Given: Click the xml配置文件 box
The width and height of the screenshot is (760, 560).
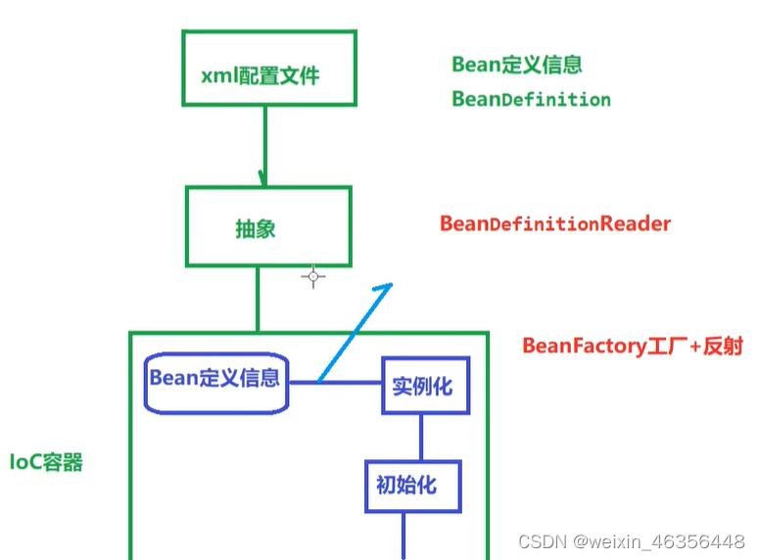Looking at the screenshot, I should (268, 68).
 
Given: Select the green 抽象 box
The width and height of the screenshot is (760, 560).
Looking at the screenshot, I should (267, 227).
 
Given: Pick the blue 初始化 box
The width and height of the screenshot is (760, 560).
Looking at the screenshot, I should (411, 486).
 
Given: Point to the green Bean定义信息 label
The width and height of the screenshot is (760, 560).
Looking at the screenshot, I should (516, 65).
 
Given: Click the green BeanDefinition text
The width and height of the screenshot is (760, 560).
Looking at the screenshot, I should (531, 100).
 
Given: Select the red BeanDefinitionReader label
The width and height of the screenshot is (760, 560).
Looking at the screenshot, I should (555, 224).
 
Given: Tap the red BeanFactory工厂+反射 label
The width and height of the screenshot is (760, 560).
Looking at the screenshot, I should (632, 346).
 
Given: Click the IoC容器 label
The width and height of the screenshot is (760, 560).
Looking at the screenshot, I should (46, 462).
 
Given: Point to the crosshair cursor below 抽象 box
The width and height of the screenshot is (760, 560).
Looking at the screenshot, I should (313, 277).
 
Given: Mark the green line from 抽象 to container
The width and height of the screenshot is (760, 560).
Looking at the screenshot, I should (259, 299).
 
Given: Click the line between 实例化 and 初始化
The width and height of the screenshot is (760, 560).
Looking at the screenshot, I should (421, 437).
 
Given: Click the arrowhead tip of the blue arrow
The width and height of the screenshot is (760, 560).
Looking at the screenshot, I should (391, 285).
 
